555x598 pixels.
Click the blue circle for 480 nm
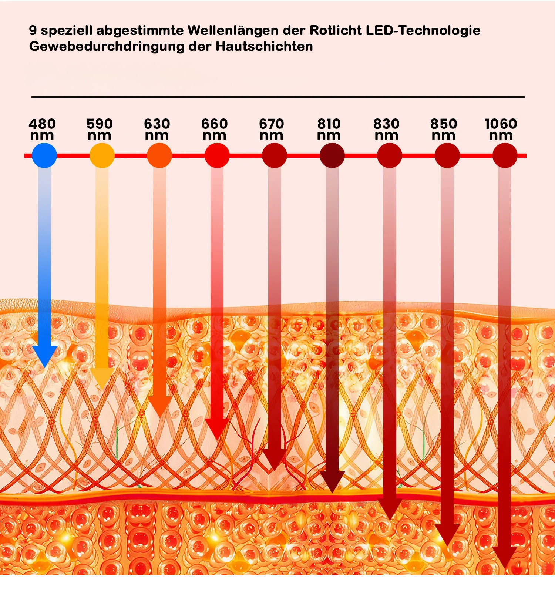coord(44,155)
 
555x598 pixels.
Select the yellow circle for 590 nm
coord(102,155)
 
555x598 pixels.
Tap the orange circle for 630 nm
coord(159,155)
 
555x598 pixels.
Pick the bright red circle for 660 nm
coord(217,155)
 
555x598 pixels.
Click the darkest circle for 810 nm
coord(332,155)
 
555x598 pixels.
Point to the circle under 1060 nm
coord(505,155)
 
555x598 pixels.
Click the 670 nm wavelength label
coord(271,129)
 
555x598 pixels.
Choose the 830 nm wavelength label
coord(386,129)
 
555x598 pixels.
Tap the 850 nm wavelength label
coord(444,129)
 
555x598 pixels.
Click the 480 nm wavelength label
coord(42,129)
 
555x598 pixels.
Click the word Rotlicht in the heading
coord(336,30)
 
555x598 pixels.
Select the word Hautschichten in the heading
coord(264,47)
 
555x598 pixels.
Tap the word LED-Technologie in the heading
coord(423,30)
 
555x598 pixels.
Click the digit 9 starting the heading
coord(33,30)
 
